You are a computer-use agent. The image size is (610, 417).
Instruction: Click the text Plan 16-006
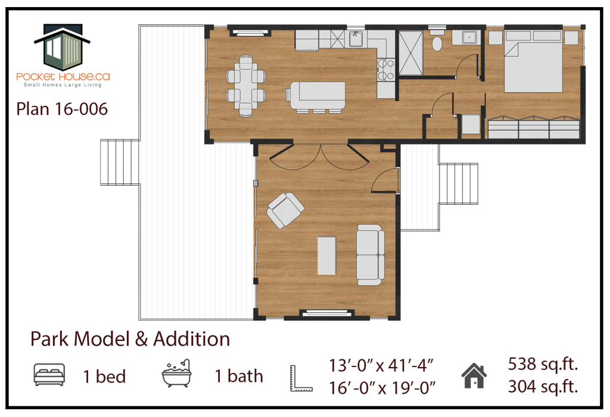click(62, 109)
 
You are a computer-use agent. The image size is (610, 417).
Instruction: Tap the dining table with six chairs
click(246, 86)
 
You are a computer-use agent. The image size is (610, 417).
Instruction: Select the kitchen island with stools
click(316, 97)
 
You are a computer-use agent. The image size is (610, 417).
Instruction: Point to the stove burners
click(385, 70)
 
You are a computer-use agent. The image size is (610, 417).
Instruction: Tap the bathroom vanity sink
click(469, 37)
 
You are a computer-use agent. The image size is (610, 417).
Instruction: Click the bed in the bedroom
click(533, 61)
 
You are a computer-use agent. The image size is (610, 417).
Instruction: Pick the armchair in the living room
click(285, 210)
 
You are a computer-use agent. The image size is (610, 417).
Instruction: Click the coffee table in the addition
click(327, 256)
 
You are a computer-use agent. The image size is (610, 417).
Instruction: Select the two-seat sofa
click(371, 255)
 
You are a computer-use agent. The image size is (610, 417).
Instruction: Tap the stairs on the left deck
click(119, 162)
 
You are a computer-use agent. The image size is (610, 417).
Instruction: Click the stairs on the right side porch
click(458, 183)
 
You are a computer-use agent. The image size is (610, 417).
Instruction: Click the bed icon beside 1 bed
click(49, 375)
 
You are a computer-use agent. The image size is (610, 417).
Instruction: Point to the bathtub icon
click(176, 374)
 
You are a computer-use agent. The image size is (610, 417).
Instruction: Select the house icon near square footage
click(474, 376)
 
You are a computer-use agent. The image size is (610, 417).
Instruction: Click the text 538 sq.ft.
click(543, 364)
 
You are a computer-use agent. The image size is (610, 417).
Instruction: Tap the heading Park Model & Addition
click(130, 339)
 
